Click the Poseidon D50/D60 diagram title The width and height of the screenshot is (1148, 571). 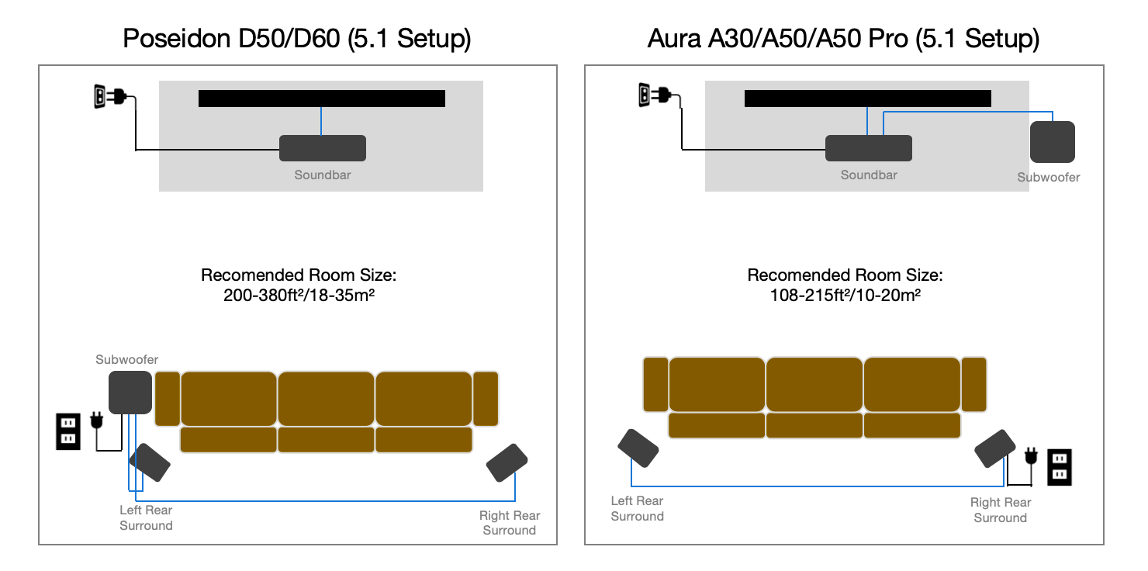pyautogui.click(x=297, y=39)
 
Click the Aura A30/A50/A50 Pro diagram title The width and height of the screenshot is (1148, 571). pyautogui.click(x=843, y=39)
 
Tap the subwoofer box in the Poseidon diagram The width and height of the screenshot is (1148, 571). pyautogui.click(x=130, y=392)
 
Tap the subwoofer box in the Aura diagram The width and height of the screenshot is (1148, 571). pyautogui.click(x=1052, y=142)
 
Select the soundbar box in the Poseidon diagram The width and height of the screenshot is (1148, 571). pyautogui.click(x=323, y=148)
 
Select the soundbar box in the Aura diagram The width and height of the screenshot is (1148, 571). pyautogui.click(x=869, y=148)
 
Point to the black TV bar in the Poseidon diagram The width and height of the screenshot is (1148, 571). pyautogui.click(x=321, y=99)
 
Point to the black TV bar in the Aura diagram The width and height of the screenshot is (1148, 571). pyautogui.click(x=868, y=99)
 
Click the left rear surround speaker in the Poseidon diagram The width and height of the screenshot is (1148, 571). pyautogui.click(x=150, y=462)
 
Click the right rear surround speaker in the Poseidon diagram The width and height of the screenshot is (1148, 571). pyautogui.click(x=507, y=463)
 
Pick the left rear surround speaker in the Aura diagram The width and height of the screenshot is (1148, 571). pyautogui.click(x=638, y=448)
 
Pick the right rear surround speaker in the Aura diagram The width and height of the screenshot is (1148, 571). pyautogui.click(x=994, y=448)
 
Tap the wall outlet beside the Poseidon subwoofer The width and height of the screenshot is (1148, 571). pyautogui.click(x=68, y=431)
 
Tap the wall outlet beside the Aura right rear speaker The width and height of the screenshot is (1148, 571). pyautogui.click(x=1060, y=467)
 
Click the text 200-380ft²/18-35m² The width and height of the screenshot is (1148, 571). pyautogui.click(x=299, y=296)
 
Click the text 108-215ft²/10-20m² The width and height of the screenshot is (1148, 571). pyautogui.click(x=845, y=296)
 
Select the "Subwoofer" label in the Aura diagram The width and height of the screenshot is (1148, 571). pyautogui.click(x=1049, y=178)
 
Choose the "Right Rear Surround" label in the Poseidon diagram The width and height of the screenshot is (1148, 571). pyautogui.click(x=510, y=523)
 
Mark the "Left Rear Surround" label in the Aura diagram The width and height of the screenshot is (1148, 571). pyautogui.click(x=637, y=508)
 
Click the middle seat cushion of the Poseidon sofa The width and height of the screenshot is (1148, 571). pyautogui.click(x=326, y=399)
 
